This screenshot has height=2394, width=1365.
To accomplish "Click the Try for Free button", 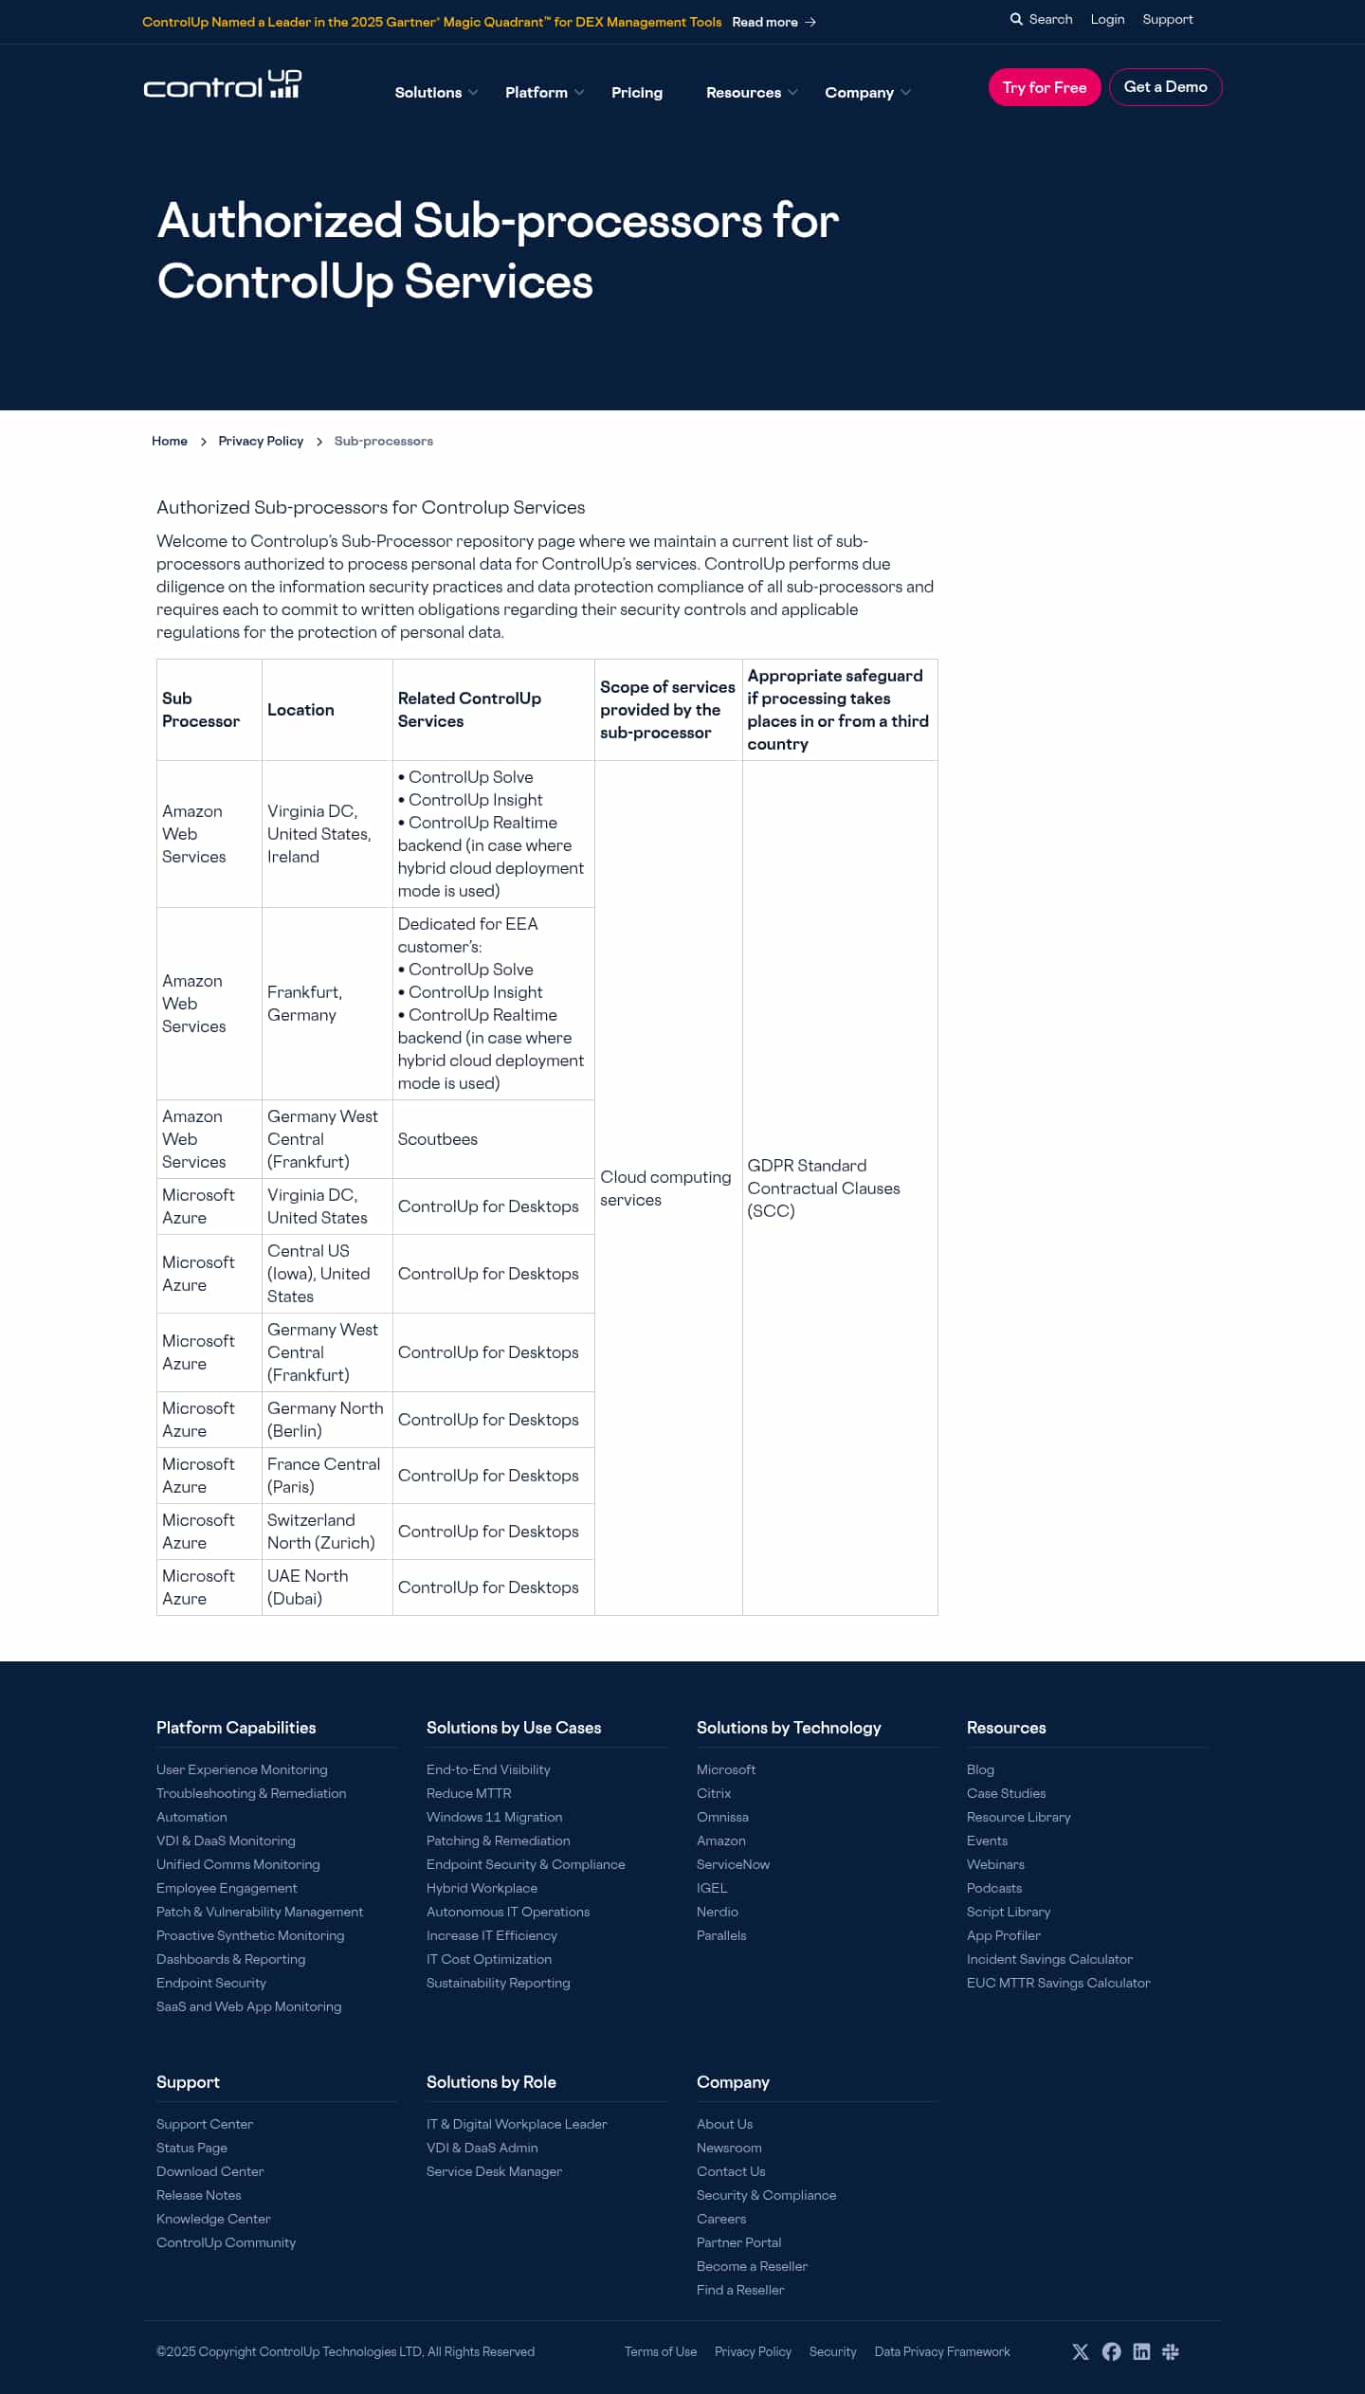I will click(x=1044, y=87).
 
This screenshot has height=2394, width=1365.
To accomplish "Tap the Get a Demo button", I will click(x=1165, y=87).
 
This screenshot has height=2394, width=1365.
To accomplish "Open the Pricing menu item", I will click(x=637, y=93).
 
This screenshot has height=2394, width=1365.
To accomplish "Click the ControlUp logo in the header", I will click(x=223, y=85).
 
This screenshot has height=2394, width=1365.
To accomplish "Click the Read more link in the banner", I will click(x=773, y=22).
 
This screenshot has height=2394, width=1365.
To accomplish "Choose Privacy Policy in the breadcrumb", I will click(x=261, y=442).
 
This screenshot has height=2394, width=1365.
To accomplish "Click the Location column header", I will click(x=300, y=710).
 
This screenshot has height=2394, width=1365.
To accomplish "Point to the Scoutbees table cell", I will click(x=438, y=1139).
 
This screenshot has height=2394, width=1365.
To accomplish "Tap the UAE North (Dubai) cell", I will click(x=308, y=1587).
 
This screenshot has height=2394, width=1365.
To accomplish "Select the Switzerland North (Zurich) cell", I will click(x=320, y=1532).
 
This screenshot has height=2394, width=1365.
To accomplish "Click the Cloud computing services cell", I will click(x=665, y=1188).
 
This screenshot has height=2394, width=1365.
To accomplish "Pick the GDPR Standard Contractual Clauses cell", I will click(x=823, y=1188).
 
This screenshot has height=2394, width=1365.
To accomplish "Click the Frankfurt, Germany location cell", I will click(x=304, y=1004).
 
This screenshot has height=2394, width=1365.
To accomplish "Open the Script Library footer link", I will click(x=1009, y=1912).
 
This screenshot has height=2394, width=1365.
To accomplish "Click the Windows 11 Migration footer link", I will click(x=494, y=1817).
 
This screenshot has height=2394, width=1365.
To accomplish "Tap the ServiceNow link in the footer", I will click(x=733, y=1864).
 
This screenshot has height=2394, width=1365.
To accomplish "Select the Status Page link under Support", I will click(x=191, y=2148).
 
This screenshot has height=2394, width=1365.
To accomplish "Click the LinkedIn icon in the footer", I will click(x=1141, y=2351).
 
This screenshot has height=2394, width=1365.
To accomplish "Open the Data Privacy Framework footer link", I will click(x=942, y=2351).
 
